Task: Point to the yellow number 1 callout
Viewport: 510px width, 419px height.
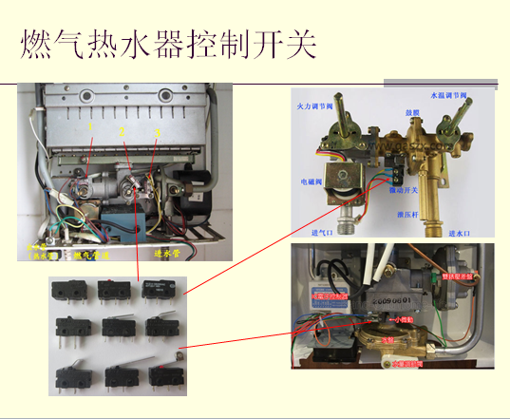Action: [89, 124]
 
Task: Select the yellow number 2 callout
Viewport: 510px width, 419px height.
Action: [123, 132]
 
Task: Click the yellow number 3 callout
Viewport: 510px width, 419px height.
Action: [157, 129]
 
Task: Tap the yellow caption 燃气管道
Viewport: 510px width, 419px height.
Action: [92, 256]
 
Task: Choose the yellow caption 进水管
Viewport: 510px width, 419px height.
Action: [166, 254]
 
